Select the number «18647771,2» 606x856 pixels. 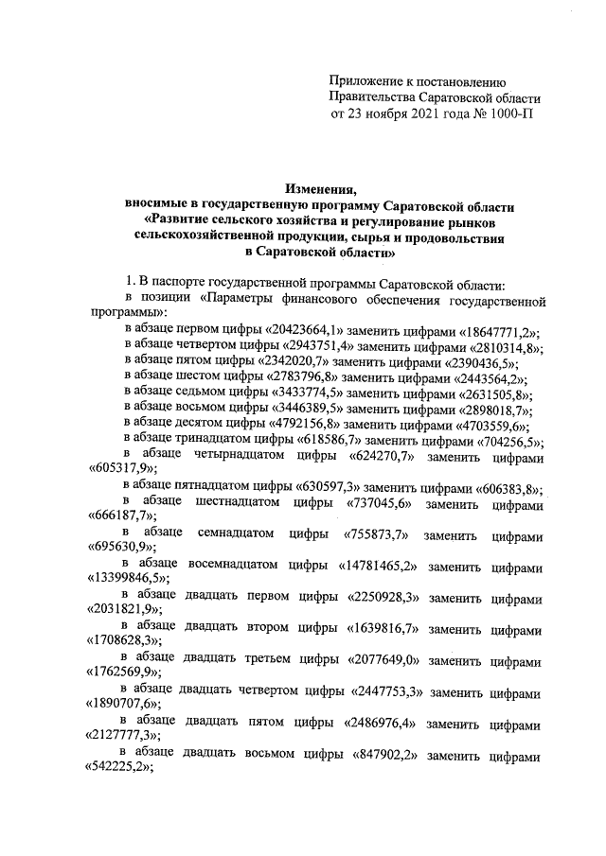(x=492, y=328)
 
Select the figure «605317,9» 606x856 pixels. (x=121, y=467)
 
